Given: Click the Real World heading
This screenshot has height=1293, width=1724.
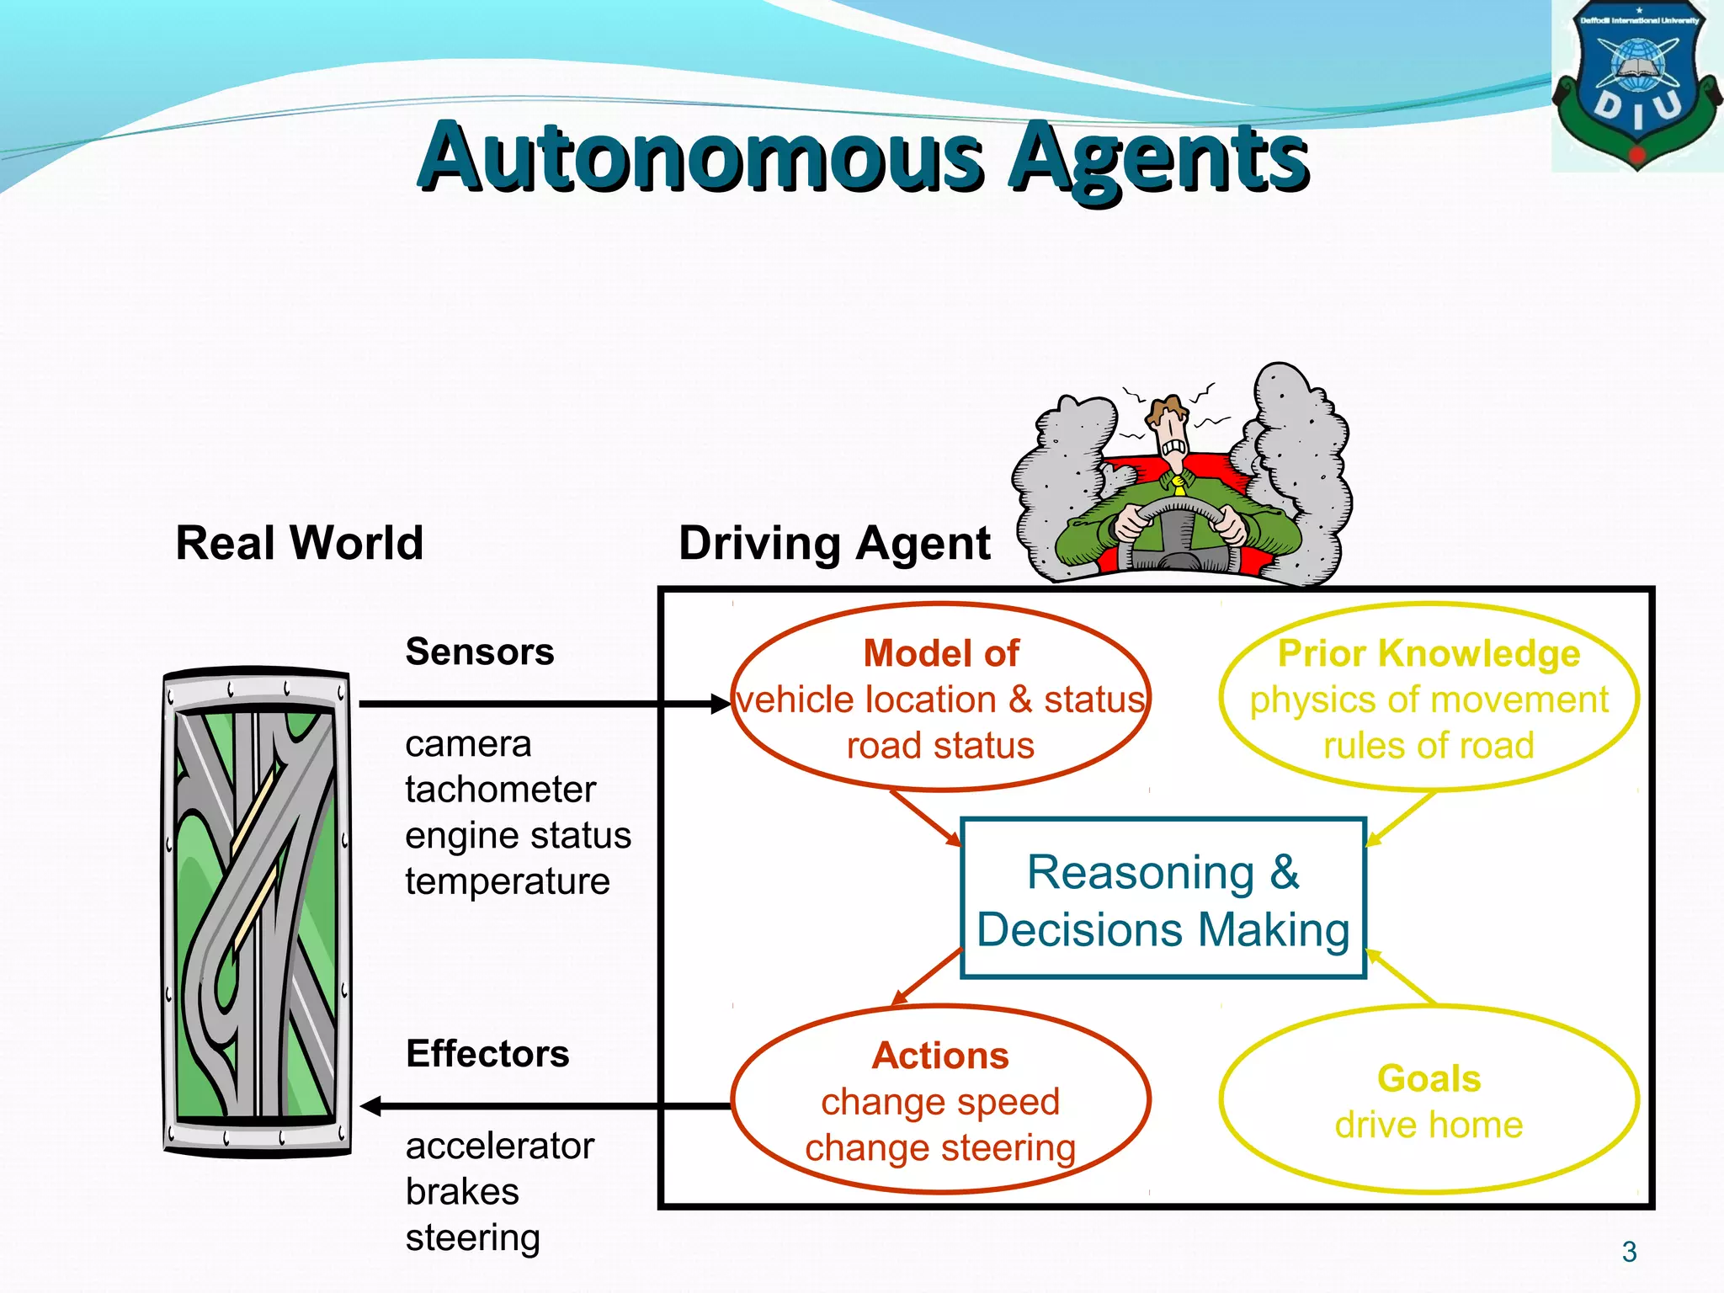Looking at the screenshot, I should click(299, 543).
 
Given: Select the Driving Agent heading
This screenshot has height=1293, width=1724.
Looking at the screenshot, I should click(833, 543).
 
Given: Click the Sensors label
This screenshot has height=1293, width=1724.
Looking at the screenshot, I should click(480, 652).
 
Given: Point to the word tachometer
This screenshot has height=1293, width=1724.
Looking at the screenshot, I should click(500, 790).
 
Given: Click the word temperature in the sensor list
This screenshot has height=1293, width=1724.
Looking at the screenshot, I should click(507, 881).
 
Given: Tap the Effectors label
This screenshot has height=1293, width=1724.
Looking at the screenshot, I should click(487, 1054).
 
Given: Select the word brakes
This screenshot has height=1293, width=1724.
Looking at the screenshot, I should click(462, 1192).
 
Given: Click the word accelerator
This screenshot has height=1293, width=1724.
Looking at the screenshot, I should click(500, 1146).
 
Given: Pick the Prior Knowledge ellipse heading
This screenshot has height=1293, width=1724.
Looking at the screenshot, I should click(1429, 654).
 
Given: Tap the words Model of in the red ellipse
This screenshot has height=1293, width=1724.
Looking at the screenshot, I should click(940, 654).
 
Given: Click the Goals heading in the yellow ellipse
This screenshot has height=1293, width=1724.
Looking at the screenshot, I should click(1429, 1079).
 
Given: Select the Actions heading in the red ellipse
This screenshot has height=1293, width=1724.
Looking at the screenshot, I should click(940, 1056).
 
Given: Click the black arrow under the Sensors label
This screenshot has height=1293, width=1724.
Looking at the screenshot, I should click(539, 704).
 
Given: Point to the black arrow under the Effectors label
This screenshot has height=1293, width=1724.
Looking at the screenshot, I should click(539, 1106).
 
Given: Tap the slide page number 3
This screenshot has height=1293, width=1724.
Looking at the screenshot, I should click(1629, 1252).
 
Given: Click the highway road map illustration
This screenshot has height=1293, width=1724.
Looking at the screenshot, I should click(257, 913).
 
